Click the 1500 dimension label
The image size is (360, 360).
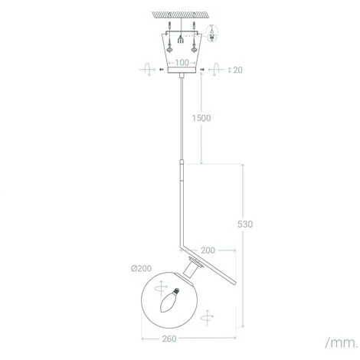click(x=201, y=118)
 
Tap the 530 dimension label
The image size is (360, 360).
click(x=245, y=224)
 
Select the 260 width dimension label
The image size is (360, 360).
click(x=169, y=339)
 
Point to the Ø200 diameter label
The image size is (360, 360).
click(x=141, y=268)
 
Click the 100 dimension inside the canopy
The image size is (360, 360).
click(x=182, y=63)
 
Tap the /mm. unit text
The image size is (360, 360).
click(x=342, y=342)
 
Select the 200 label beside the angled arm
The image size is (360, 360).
click(x=208, y=250)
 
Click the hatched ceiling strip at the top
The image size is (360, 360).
click(x=180, y=15)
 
